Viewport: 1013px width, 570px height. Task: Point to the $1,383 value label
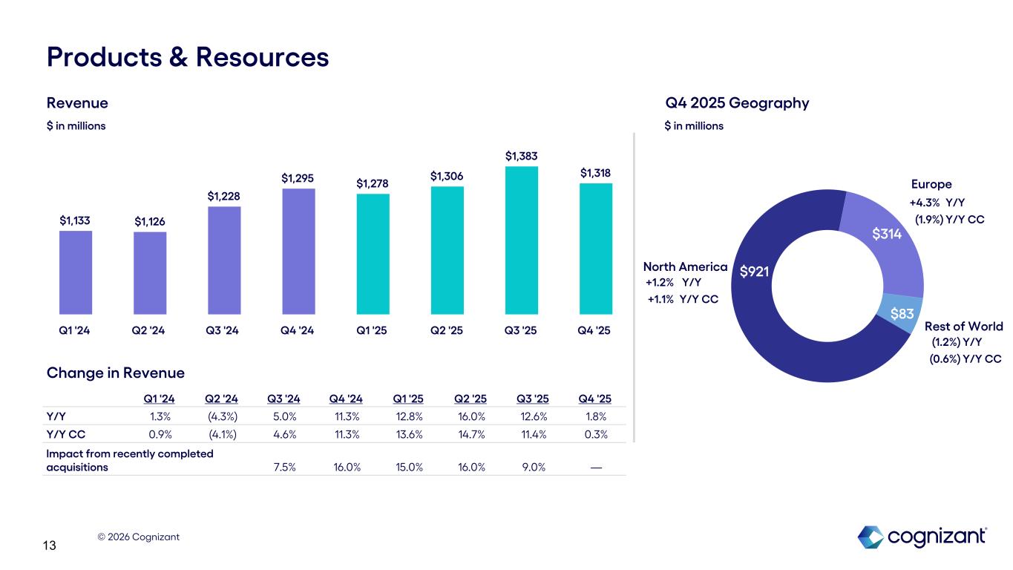click(521, 156)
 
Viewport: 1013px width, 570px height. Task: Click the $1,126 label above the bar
click(150, 221)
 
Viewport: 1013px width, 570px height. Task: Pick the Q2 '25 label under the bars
click(447, 330)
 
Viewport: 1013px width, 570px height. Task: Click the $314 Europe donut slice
click(887, 235)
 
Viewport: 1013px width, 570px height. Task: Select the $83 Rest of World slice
click(901, 314)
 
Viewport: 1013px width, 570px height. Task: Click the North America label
click(685, 266)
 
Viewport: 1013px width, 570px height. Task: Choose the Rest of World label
click(963, 327)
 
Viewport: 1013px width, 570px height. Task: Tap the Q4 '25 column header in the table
click(594, 398)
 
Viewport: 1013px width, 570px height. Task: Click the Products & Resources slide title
click(188, 57)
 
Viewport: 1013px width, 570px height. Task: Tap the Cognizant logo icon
click(871, 537)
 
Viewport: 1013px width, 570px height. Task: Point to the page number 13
click(50, 546)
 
